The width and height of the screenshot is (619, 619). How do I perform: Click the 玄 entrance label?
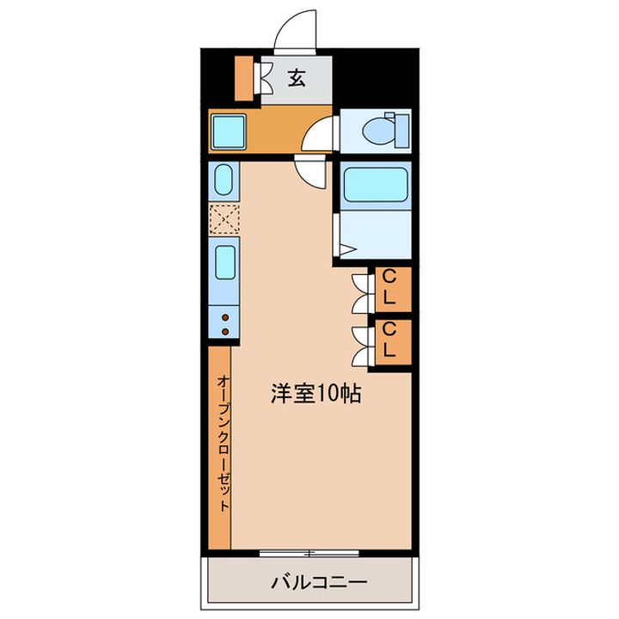(297, 77)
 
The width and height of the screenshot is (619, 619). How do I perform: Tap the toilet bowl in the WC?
(378, 131)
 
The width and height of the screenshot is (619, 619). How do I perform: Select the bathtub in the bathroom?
(376, 185)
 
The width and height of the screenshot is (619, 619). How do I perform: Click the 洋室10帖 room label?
(316, 393)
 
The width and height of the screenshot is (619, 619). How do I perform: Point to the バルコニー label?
(319, 582)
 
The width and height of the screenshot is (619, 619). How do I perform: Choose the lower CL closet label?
(389, 340)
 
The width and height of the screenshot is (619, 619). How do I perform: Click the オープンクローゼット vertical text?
(224, 443)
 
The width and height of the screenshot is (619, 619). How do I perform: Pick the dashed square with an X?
(224, 218)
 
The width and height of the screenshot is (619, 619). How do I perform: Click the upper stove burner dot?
(225, 317)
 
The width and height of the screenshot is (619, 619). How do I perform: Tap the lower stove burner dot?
(225, 332)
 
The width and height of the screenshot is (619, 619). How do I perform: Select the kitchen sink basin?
(225, 262)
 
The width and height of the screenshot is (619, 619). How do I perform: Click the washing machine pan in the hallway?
(229, 132)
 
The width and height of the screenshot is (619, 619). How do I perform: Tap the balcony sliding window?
(309, 553)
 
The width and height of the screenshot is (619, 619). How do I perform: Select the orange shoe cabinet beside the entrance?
(244, 78)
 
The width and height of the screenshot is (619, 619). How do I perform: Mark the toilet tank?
(401, 131)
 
